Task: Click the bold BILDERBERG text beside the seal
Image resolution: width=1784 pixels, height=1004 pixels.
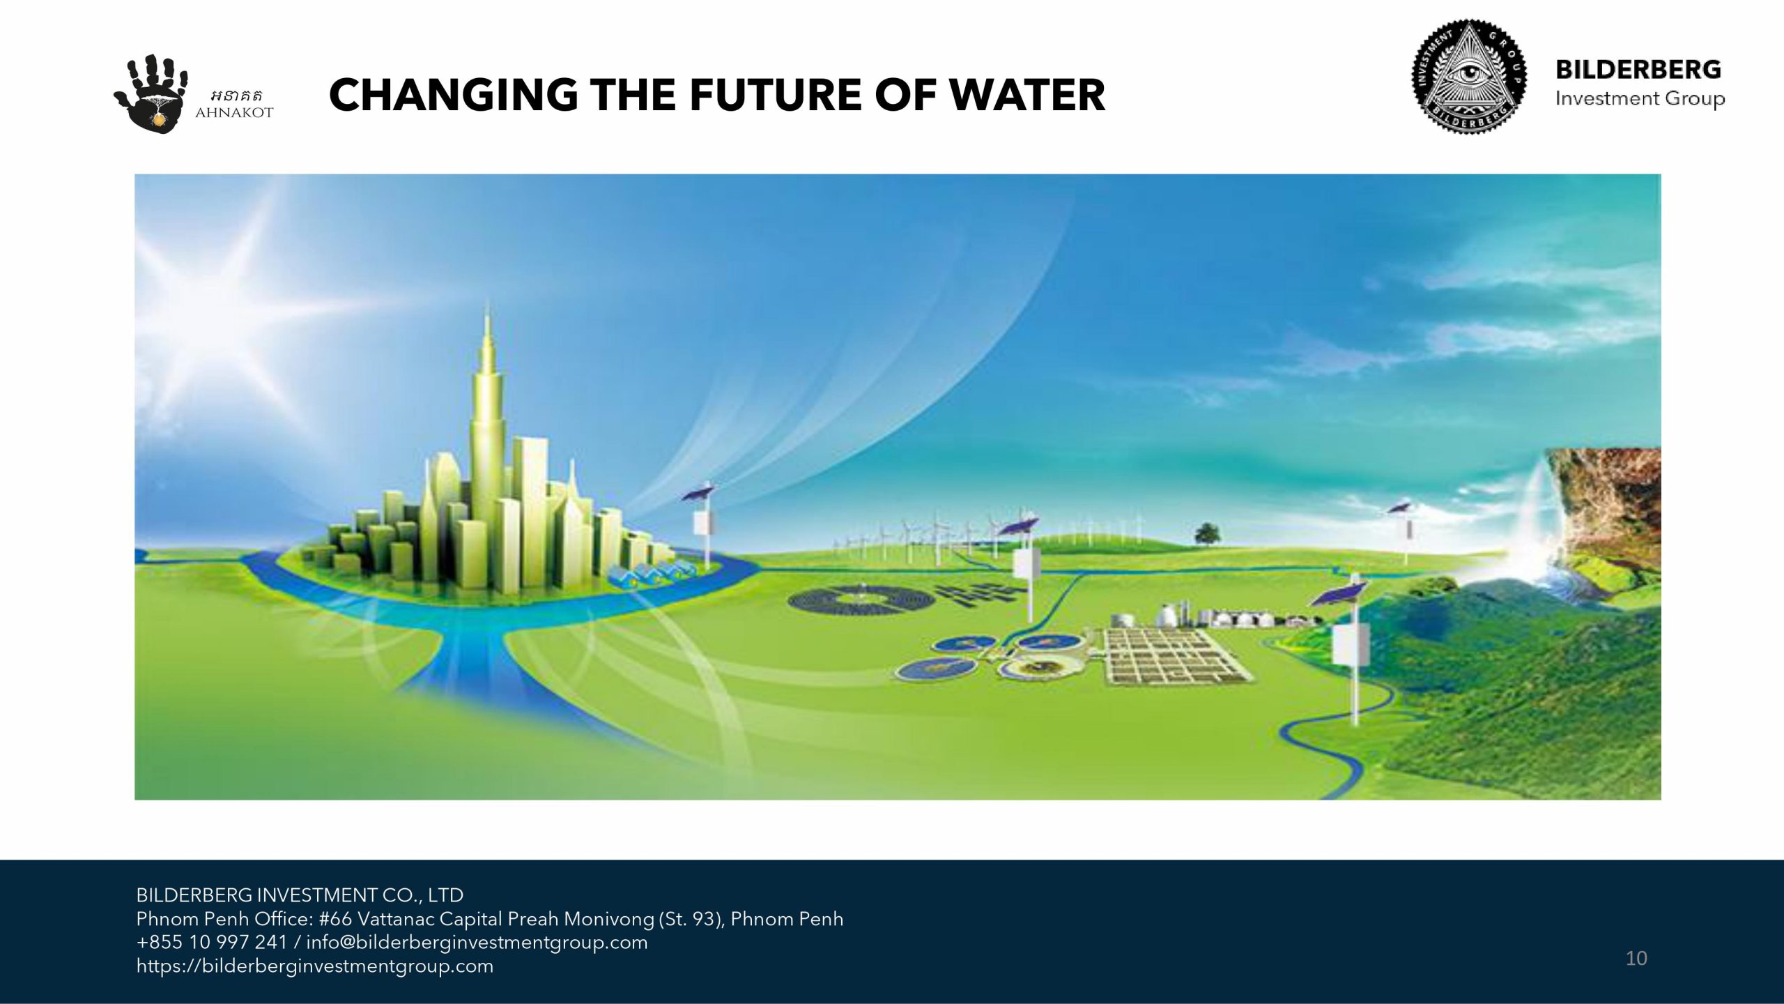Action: (x=1638, y=70)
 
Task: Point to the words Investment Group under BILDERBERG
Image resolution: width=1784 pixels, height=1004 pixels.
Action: (x=1640, y=99)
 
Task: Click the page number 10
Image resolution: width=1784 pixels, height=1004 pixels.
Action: (x=1636, y=958)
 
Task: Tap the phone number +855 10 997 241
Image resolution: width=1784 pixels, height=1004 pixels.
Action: (x=212, y=943)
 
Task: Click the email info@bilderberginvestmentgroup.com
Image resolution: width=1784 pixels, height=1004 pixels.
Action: (x=477, y=943)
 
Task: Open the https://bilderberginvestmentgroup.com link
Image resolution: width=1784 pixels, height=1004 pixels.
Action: (x=314, y=966)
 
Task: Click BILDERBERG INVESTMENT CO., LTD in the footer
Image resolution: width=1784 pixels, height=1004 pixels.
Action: (x=300, y=895)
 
